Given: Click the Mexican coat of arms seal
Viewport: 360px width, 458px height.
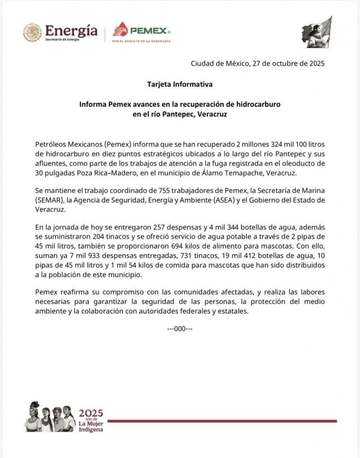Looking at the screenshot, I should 33,33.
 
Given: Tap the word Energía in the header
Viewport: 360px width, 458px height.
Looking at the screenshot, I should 72,30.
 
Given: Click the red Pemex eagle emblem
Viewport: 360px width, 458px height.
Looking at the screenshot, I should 120,30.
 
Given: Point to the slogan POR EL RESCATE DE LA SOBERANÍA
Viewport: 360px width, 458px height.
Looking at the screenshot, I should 141,41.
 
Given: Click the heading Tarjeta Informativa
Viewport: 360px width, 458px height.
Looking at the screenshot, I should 180,84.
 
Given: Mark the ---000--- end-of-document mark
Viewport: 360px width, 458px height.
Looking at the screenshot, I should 180,329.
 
